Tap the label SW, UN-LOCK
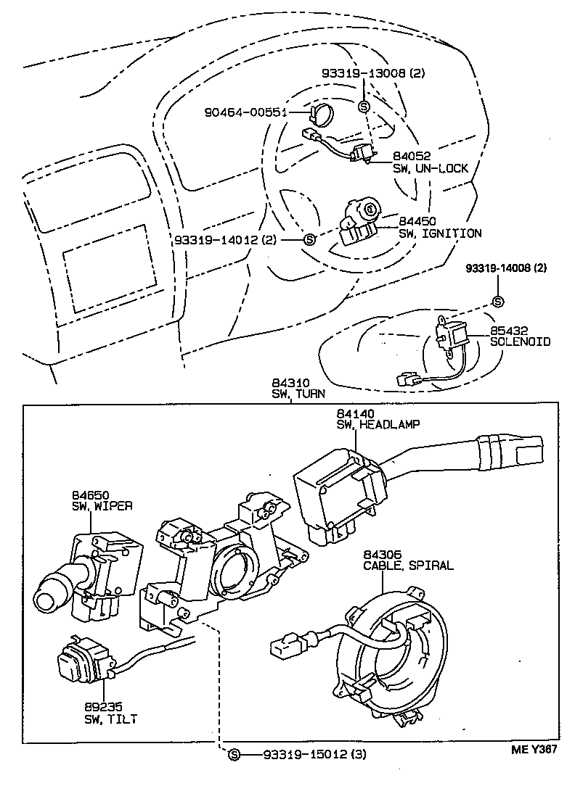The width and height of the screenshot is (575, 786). pyautogui.click(x=431, y=168)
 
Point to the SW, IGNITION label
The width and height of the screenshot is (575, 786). pyautogui.click(x=440, y=233)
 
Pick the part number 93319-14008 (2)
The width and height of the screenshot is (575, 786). pyautogui.click(x=506, y=268)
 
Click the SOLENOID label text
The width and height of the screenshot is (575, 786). pyautogui.click(x=520, y=341)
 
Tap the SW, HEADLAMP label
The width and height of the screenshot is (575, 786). pyautogui.click(x=378, y=424)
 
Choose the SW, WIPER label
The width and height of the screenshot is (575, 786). pyautogui.click(x=102, y=506)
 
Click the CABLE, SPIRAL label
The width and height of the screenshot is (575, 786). pyautogui.click(x=408, y=565)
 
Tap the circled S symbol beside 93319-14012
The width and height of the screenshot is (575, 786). pyautogui.click(x=309, y=239)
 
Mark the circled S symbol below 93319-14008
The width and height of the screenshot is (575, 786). pyautogui.click(x=498, y=302)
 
